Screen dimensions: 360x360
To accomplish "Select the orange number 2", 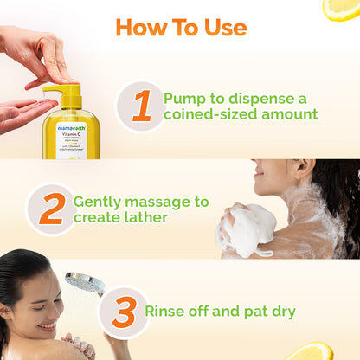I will click(x=51, y=209).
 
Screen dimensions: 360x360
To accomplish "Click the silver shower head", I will click(x=84, y=283).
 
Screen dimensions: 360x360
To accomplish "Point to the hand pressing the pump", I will click(x=39, y=52).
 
